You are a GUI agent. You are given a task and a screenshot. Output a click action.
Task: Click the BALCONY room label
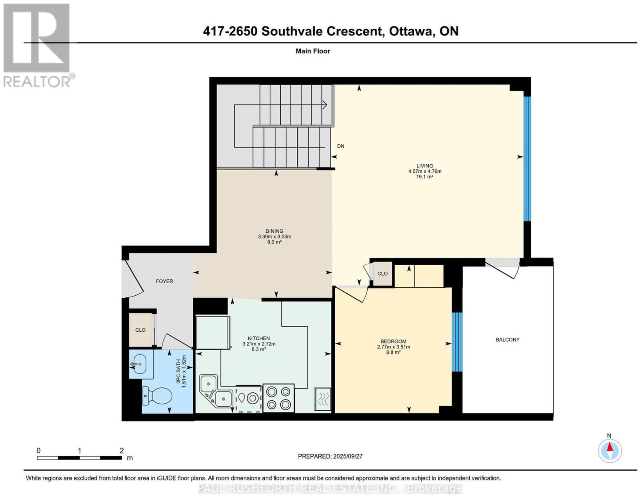point(507,340)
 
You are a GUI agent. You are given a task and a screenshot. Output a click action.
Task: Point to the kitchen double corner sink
point(216,391)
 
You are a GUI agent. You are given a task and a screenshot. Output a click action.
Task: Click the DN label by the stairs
point(340,146)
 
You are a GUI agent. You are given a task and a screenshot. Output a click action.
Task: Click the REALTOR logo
point(37,46)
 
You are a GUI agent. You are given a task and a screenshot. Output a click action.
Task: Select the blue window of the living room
point(527,159)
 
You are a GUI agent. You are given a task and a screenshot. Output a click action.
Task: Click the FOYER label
point(164,281)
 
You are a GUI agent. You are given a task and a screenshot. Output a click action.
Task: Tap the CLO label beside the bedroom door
point(382,274)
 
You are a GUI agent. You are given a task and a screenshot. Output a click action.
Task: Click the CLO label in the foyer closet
point(140,330)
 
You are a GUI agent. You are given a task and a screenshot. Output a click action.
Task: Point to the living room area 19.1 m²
point(424,177)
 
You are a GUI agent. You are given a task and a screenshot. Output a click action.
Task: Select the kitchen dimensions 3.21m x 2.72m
point(258,344)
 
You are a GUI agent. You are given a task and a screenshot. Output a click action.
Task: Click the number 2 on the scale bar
point(122,451)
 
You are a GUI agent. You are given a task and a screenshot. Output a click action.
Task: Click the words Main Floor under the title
point(313,51)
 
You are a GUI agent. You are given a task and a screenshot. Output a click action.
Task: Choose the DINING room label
point(274,231)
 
